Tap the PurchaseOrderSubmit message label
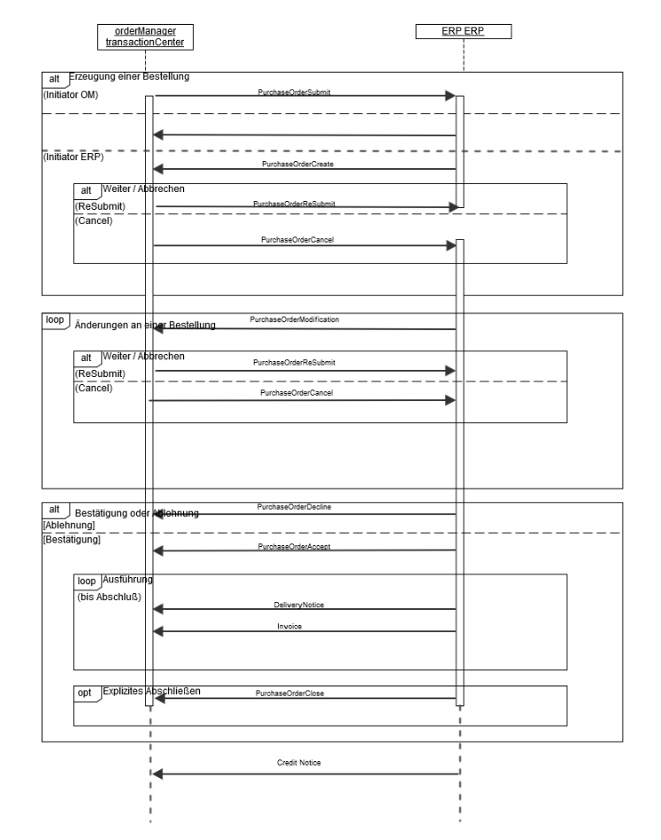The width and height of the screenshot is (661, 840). coord(295,91)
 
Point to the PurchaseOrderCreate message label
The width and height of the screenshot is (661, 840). coord(296,164)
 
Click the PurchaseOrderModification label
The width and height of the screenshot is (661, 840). coord(295,319)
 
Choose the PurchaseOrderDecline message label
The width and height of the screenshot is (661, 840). coord(295,506)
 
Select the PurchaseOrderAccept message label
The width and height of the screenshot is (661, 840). coord(295,547)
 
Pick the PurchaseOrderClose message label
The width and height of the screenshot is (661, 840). coord(289,693)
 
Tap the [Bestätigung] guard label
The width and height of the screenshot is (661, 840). coord(72,539)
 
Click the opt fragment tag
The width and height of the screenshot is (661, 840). coord(86,692)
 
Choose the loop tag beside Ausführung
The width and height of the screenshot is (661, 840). coord(87,581)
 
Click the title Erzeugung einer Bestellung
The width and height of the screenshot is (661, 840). coord(128,77)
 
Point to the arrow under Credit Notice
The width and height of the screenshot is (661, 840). coord(306,774)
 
